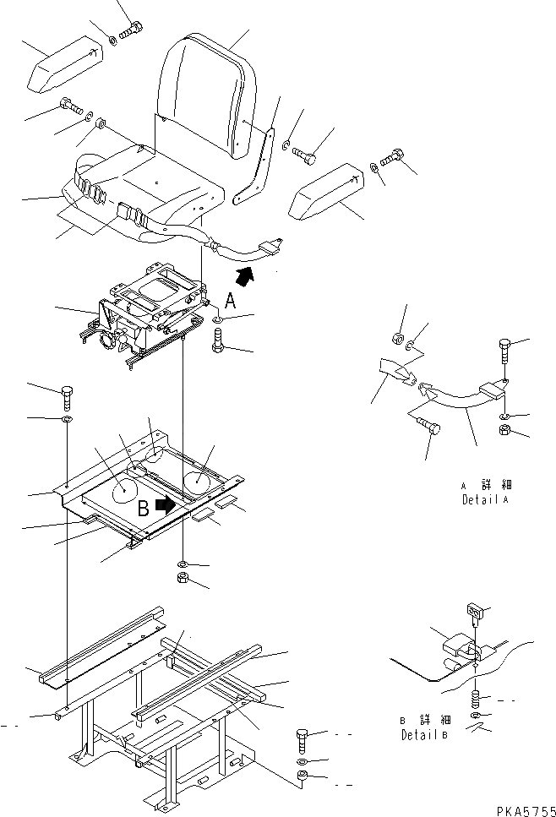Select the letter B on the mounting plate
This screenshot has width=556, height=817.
pyautogui.click(x=144, y=509)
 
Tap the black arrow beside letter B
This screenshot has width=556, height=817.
pyautogui.click(x=167, y=505)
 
